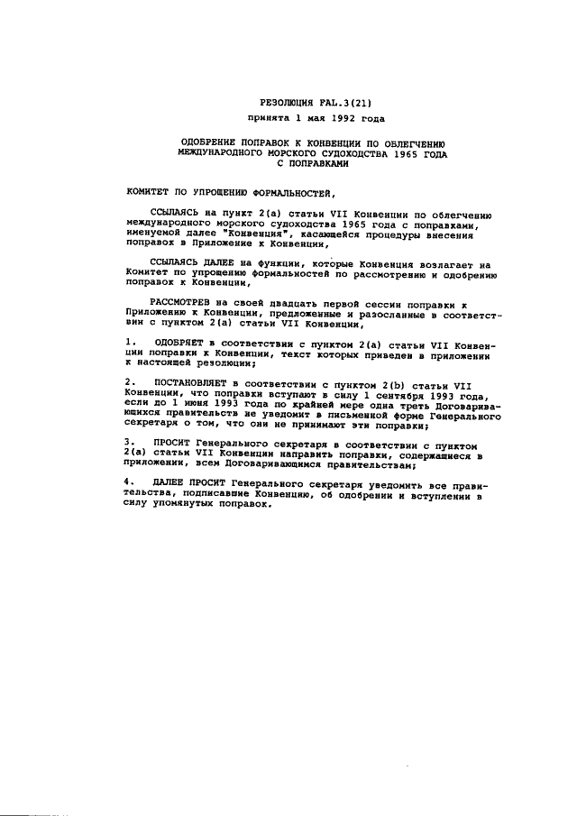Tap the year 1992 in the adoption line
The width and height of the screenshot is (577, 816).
[x=332, y=118]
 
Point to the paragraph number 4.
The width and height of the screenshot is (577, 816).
[x=130, y=481]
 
